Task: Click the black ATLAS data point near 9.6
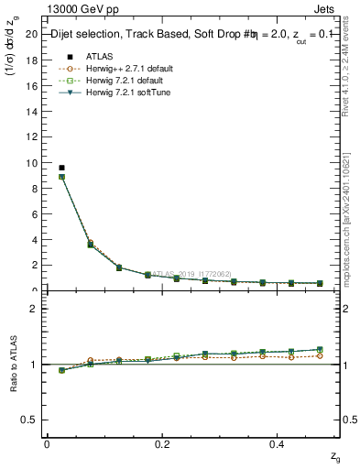pos(61,168)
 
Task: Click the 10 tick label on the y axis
pos(33,163)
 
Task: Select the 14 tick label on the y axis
pos(33,112)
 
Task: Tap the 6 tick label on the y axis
pos(36,214)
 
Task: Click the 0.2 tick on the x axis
pos(163,443)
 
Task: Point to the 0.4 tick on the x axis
pos(278,443)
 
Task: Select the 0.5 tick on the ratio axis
pos(31,420)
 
